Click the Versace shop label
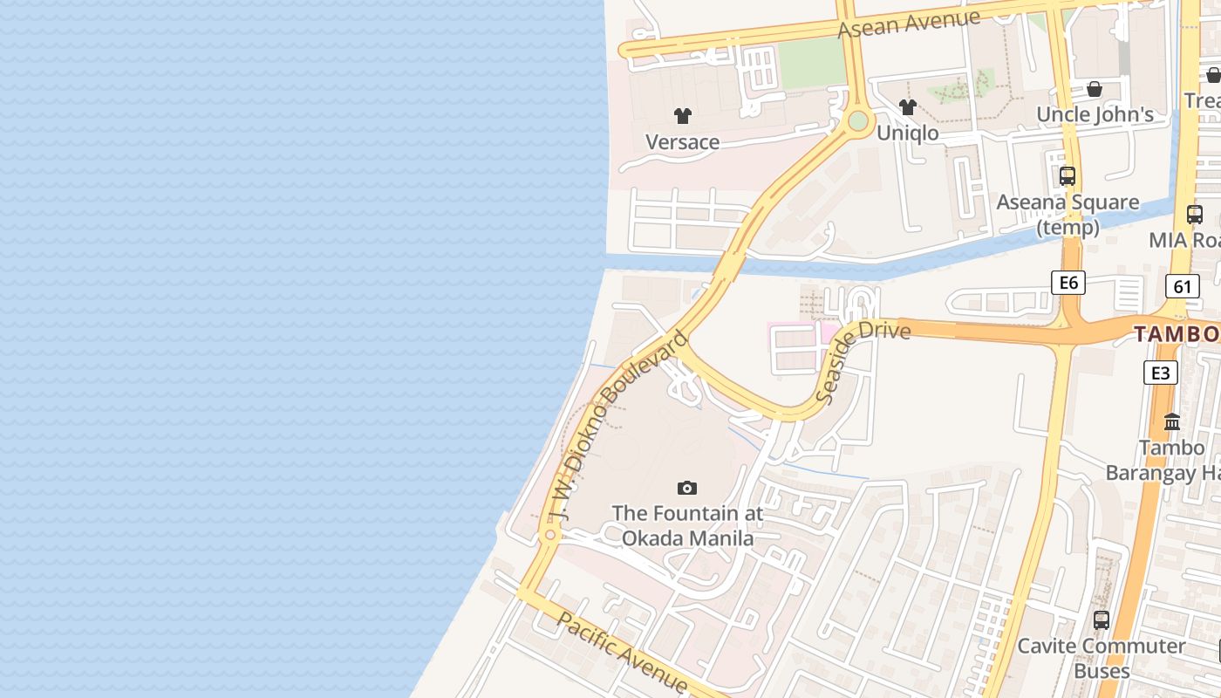click(x=682, y=142)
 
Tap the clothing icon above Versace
click(x=682, y=115)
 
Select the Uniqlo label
click(x=907, y=133)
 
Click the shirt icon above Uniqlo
click(x=907, y=106)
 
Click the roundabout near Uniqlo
click(x=858, y=120)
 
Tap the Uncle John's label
click(x=1095, y=114)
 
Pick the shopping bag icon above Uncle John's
click(x=1095, y=89)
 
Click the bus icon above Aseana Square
click(x=1068, y=175)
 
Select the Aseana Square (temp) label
click(x=1068, y=215)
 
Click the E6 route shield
click(x=1068, y=282)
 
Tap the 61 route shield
click(x=1182, y=285)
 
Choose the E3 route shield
click(x=1160, y=373)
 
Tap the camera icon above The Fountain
click(x=687, y=488)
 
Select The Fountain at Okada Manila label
click(x=687, y=525)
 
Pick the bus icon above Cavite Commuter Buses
click(x=1102, y=620)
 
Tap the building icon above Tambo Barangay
click(x=1172, y=422)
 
